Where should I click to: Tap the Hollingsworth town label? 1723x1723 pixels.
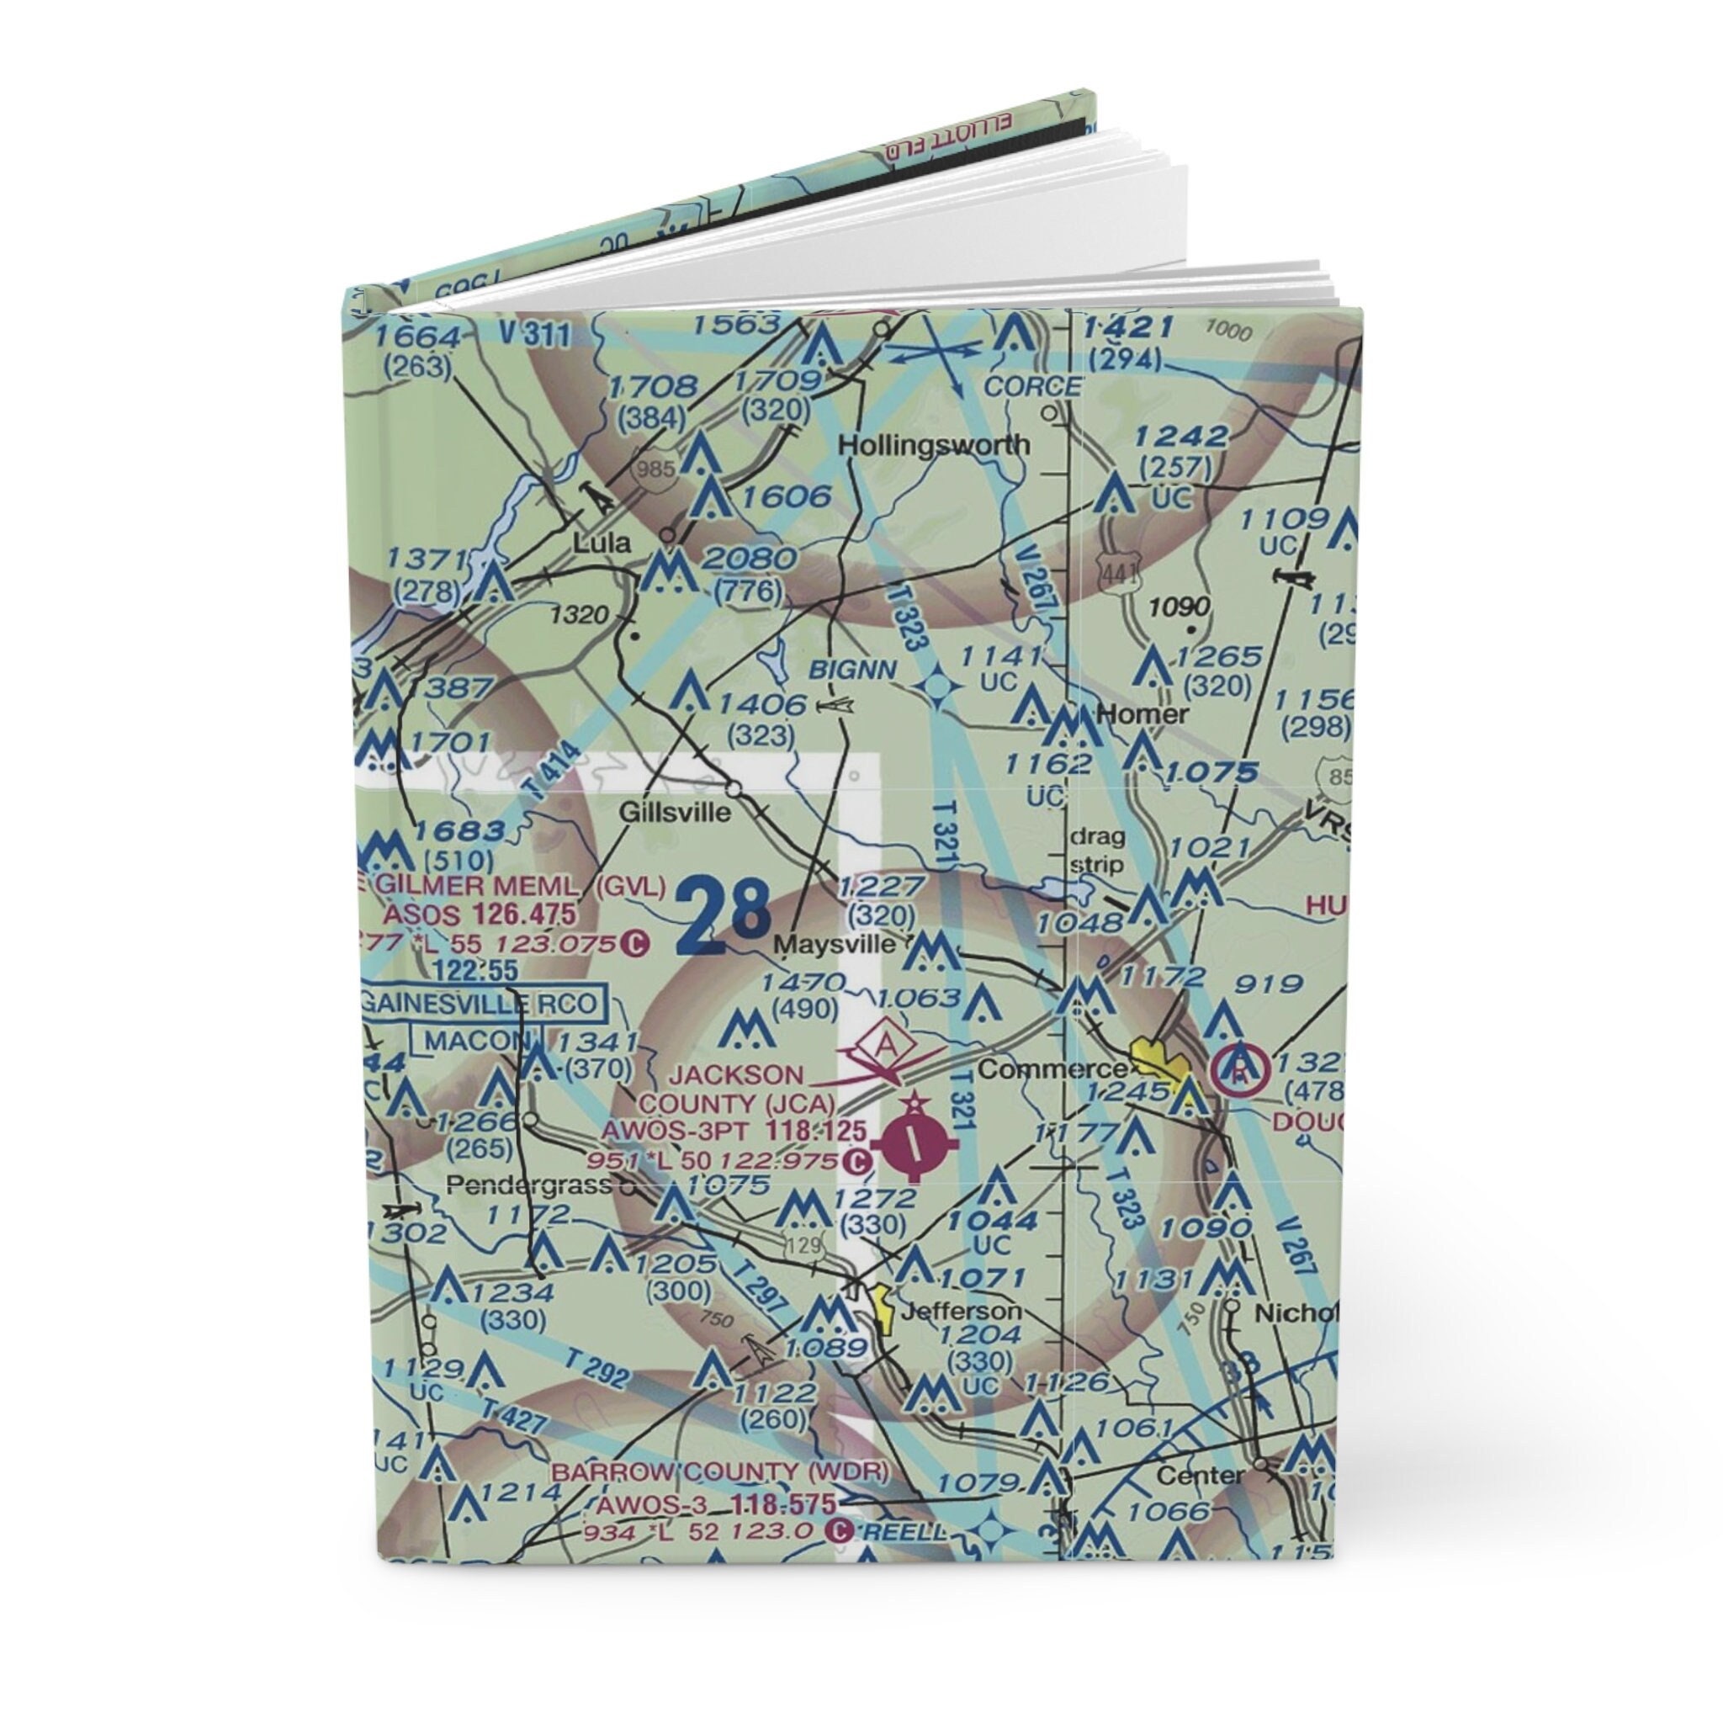click(935, 444)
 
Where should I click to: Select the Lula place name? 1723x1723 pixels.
click(601, 543)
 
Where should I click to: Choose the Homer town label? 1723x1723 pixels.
click(1142, 714)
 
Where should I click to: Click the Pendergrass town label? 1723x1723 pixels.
click(531, 1185)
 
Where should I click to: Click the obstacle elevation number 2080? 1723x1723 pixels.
click(748, 559)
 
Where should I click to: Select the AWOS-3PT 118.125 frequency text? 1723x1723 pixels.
click(733, 1132)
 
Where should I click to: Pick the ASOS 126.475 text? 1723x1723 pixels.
click(479, 916)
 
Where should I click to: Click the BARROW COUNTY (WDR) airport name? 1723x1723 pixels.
click(718, 1471)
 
